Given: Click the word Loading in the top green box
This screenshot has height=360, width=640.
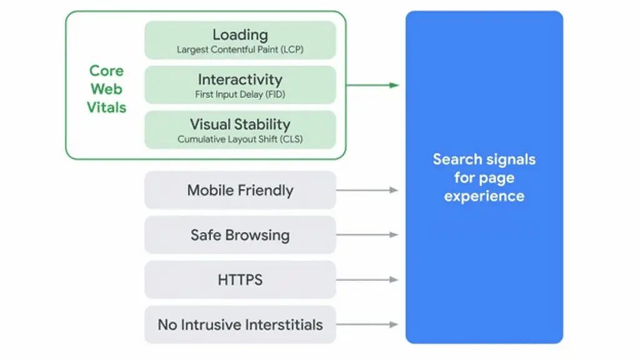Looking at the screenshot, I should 240,35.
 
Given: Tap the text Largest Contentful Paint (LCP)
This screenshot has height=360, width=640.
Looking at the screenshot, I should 240,49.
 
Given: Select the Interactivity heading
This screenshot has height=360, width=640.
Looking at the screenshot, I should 240,80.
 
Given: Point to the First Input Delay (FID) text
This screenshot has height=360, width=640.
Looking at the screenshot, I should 240,94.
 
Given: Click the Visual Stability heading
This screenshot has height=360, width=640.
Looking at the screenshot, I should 240,124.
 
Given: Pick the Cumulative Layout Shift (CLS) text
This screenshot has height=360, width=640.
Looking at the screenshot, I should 240,139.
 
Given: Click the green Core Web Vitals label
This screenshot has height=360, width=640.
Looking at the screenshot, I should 106,89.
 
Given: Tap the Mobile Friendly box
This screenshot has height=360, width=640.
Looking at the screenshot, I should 240,190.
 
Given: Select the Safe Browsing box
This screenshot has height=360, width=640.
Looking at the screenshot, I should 240,235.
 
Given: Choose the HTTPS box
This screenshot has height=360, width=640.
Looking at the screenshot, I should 240,280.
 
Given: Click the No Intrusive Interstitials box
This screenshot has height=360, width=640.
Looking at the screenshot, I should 240,325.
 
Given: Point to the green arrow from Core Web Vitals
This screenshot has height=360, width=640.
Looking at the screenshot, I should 372,85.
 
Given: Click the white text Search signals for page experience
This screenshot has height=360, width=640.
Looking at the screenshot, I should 484,177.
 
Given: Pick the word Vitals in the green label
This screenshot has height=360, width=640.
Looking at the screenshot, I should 106,107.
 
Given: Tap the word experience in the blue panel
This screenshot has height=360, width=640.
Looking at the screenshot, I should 484,196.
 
